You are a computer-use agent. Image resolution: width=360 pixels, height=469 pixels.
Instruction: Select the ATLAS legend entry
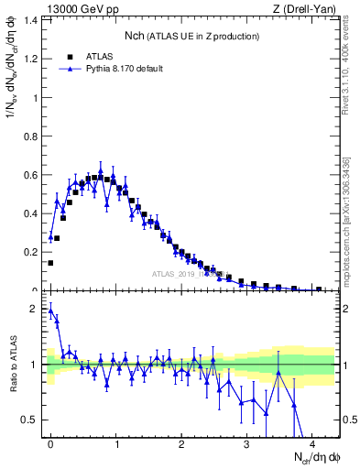click(x=97, y=56)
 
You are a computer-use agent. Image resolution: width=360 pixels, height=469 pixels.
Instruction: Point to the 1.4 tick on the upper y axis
click(x=33, y=19)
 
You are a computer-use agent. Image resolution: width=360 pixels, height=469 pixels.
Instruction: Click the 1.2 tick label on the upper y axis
click(x=33, y=59)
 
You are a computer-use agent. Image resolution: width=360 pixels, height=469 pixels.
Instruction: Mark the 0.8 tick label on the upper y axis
click(x=33, y=136)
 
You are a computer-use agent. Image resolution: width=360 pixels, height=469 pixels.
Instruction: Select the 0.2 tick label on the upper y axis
click(x=33, y=252)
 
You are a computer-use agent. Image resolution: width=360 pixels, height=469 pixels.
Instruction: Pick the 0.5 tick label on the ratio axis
click(x=33, y=420)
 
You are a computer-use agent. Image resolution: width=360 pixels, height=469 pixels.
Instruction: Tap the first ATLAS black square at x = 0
click(x=50, y=263)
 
